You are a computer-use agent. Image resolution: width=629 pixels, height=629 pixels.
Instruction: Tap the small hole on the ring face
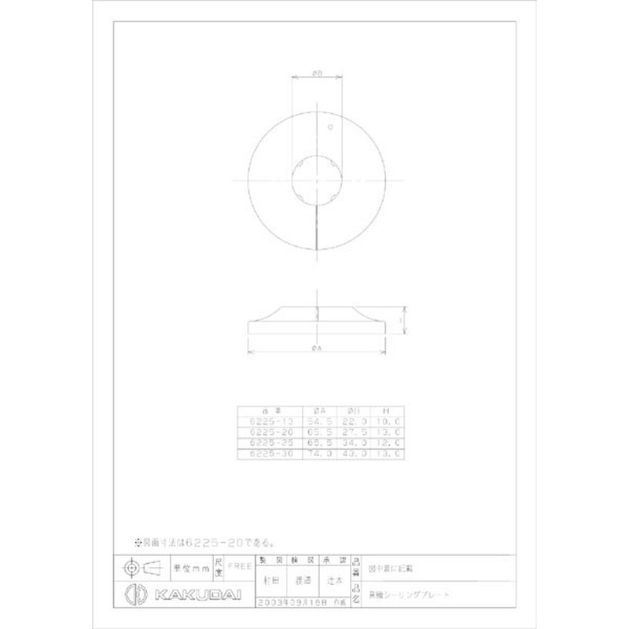click(x=331, y=127)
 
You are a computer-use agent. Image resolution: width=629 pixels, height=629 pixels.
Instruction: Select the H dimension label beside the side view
click(x=401, y=322)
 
